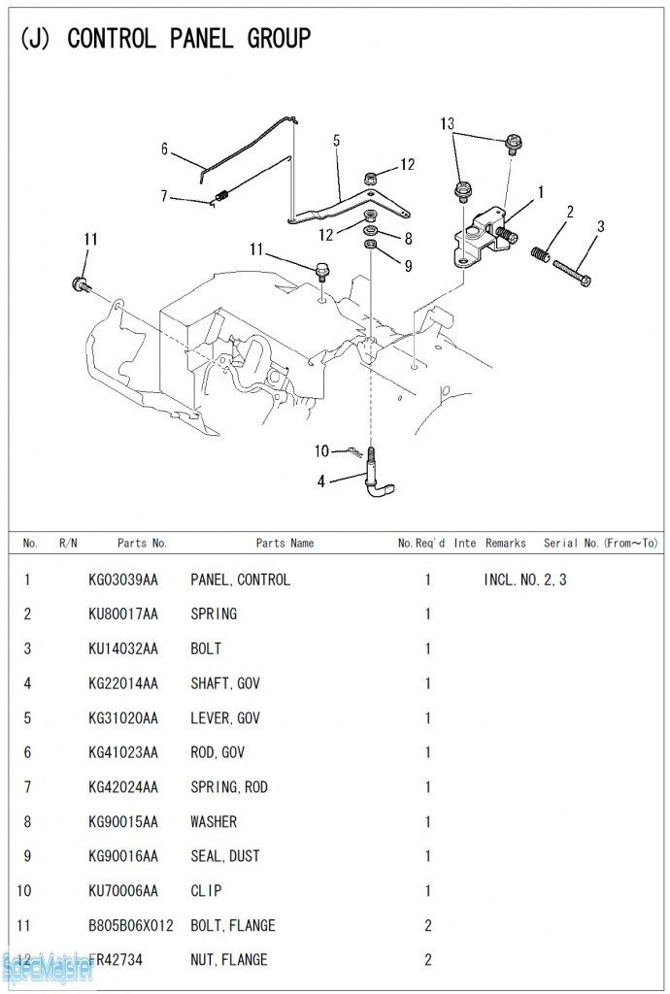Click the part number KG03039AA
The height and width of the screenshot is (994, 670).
tap(122, 580)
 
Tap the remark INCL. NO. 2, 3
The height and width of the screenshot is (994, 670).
tap(524, 580)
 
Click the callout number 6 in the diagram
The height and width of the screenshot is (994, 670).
tap(165, 149)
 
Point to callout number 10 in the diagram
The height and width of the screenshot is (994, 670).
tap(321, 450)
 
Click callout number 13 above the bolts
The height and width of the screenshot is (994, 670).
tap(447, 123)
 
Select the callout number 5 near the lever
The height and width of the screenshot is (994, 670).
tap(336, 141)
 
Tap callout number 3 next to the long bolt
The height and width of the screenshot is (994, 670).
tap(601, 226)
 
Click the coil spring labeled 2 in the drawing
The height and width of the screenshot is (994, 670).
tap(541, 253)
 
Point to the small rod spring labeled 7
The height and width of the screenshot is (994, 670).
tap(220, 198)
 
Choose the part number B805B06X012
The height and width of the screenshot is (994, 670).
tap(130, 925)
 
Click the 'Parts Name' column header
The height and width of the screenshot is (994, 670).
tap(285, 544)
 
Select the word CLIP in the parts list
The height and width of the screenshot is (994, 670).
tap(206, 890)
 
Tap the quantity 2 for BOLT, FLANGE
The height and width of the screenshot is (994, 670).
tap(428, 925)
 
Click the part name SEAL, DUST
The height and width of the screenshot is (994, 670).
tap(225, 856)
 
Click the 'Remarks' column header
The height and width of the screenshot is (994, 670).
tap(506, 544)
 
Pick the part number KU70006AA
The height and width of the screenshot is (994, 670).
tap(122, 890)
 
